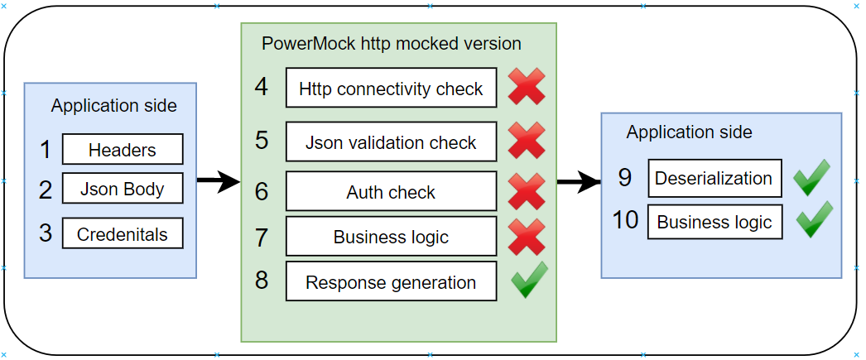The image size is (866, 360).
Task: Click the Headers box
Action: [123, 150]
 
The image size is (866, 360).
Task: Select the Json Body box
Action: [123, 189]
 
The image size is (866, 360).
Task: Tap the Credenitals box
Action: [123, 234]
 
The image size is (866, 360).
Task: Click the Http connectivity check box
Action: [391, 89]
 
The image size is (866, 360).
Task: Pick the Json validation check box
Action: [391, 142]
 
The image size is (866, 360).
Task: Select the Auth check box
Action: [391, 192]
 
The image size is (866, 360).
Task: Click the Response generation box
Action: [391, 282]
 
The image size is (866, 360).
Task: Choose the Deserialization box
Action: [714, 178]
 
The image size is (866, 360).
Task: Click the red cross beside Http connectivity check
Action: [527, 88]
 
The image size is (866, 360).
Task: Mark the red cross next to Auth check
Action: [527, 192]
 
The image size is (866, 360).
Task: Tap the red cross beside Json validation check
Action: [527, 141]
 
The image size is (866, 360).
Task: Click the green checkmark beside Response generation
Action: [529, 280]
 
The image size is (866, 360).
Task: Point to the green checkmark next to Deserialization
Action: [811, 178]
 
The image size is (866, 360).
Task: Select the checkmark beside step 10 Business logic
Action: [814, 219]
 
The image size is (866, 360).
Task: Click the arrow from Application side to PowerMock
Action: [219, 180]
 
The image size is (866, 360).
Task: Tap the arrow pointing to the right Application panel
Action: [579, 182]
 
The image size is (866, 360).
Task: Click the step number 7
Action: [262, 237]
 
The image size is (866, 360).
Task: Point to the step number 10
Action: [626, 220]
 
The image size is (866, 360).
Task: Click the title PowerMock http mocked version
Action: [392, 43]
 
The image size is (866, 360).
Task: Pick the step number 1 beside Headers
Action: [46, 150]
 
